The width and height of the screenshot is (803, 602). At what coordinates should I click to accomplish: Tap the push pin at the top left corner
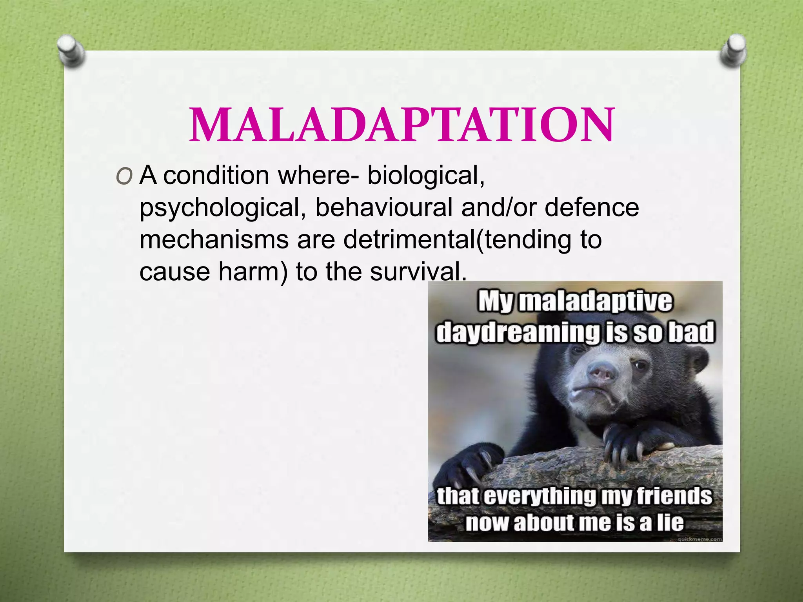point(71,50)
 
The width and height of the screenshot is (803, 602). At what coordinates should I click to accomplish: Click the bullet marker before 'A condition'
point(124,178)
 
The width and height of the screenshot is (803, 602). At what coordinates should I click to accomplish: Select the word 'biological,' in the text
point(426,175)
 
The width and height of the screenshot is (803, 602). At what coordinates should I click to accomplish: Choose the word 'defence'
point(592,207)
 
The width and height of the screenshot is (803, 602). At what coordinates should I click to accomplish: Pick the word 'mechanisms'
point(214,239)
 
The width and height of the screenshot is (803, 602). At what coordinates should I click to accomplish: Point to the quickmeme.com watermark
point(699,539)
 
